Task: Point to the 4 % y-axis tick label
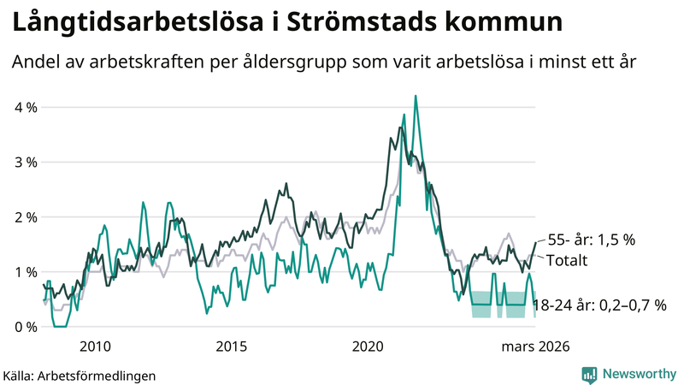pyautogui.click(x=26, y=108)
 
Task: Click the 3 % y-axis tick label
pyautogui.click(x=26, y=163)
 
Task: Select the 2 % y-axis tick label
pyautogui.click(x=26, y=217)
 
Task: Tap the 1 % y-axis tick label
pyautogui.click(x=26, y=272)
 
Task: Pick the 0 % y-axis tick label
pyautogui.click(x=26, y=327)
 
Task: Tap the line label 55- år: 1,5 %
pyautogui.click(x=591, y=240)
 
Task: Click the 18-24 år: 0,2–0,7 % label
pyautogui.click(x=598, y=305)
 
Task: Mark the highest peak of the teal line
pyautogui.click(x=416, y=97)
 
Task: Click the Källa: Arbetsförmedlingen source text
pyautogui.click(x=80, y=375)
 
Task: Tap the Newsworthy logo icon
pyautogui.click(x=589, y=374)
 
